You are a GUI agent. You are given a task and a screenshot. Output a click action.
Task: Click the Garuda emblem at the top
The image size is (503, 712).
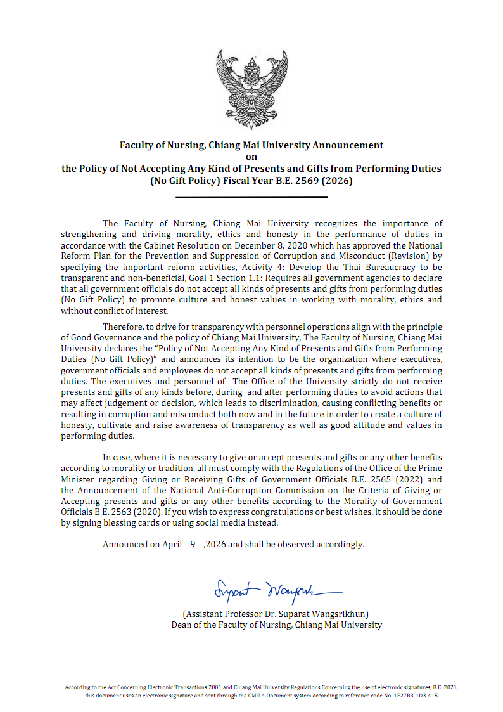coord(251,82)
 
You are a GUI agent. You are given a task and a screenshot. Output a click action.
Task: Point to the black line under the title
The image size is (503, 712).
coord(251,197)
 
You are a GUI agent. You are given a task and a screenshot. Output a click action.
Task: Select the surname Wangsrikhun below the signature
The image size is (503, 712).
coord(336,614)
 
